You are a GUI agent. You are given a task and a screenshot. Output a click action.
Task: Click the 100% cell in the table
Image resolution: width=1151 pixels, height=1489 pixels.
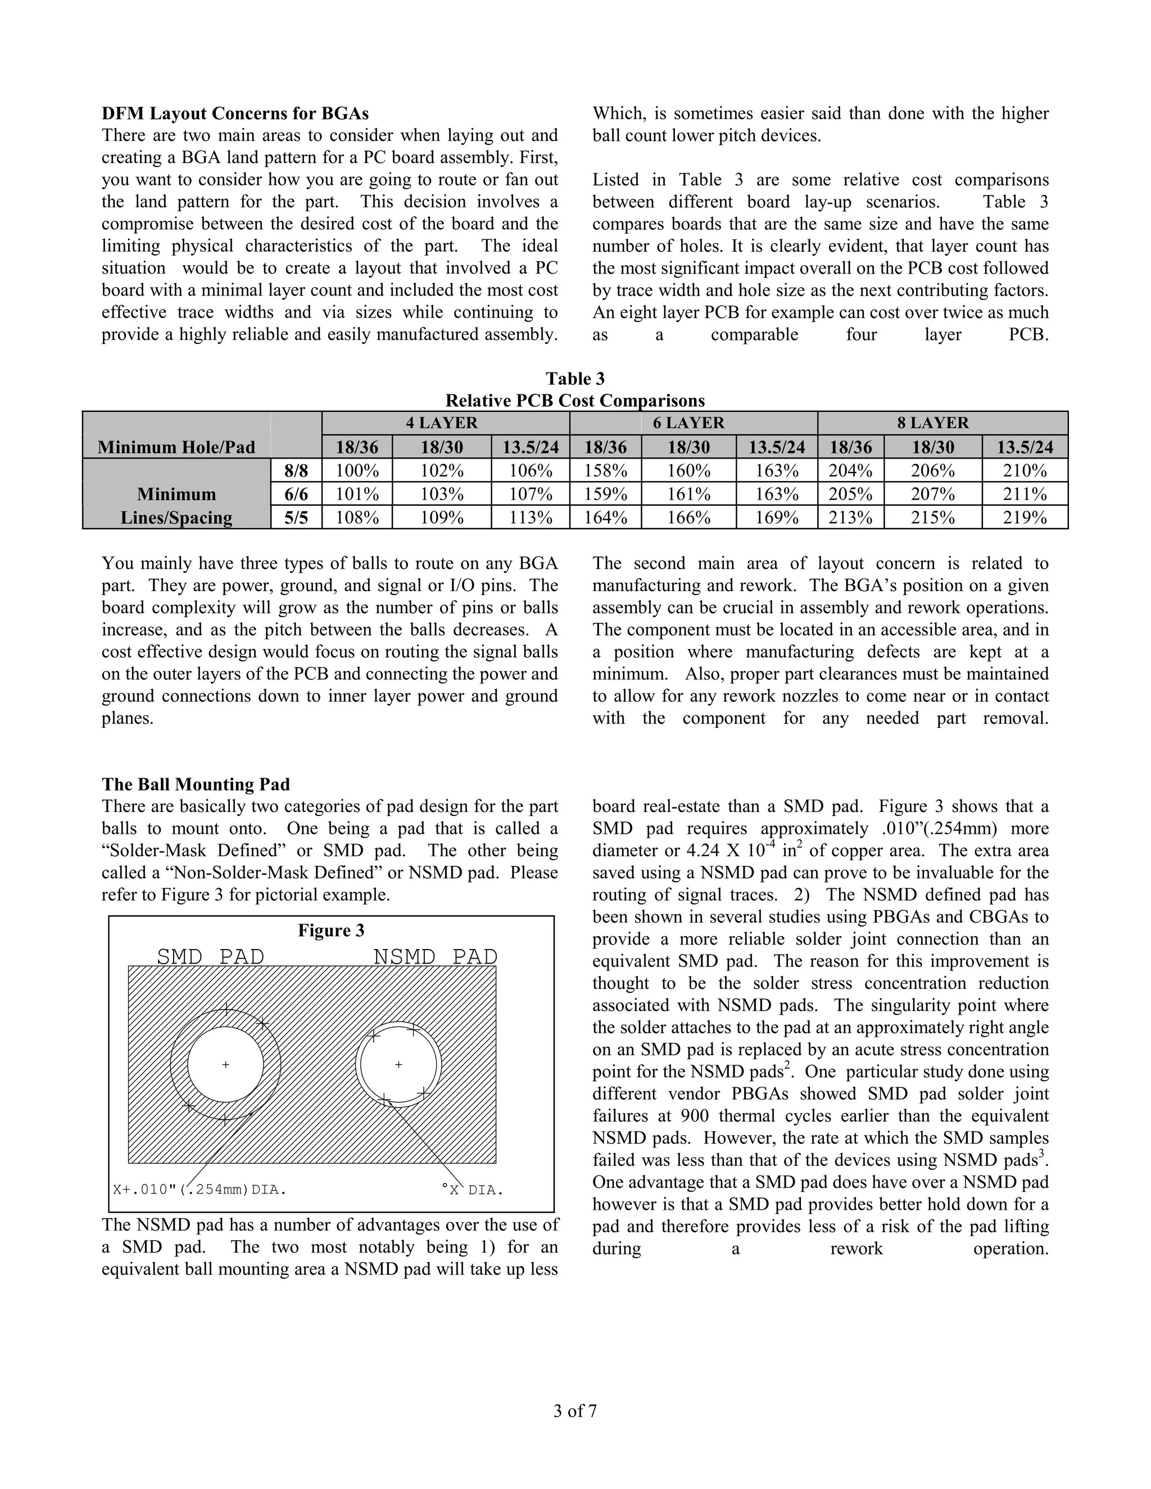(357, 470)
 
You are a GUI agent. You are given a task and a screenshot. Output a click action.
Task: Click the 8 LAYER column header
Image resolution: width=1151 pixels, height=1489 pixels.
(942, 423)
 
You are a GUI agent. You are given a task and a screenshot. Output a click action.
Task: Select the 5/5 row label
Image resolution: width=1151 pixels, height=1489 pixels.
(296, 517)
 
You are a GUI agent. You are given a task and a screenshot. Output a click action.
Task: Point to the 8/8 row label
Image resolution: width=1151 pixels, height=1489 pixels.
(296, 470)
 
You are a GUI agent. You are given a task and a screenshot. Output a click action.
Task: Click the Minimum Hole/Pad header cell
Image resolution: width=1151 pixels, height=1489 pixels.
(176, 447)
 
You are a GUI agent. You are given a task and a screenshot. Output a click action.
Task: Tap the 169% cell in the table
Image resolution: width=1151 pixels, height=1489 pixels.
(777, 517)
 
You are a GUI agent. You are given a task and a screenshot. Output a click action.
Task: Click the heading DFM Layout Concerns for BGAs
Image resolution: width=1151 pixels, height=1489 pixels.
(235, 113)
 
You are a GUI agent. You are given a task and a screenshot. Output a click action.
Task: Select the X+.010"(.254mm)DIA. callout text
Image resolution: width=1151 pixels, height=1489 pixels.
(199, 1190)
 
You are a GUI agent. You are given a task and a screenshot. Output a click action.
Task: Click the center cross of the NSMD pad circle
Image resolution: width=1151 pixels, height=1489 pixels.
(399, 1064)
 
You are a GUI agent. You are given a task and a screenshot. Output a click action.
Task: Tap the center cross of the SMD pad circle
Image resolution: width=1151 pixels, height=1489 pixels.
(226, 1064)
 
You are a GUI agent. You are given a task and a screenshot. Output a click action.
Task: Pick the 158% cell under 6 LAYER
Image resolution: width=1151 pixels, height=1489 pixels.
(605, 470)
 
